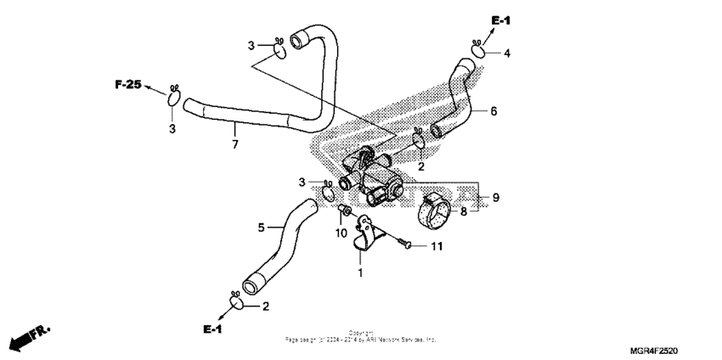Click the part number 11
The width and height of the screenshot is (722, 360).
tap(437, 246)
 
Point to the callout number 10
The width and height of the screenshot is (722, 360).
tap(341, 233)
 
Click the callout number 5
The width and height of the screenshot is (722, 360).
tap(262, 227)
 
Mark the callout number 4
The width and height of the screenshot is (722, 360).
tap(506, 53)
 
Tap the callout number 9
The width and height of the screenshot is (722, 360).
tap(495, 198)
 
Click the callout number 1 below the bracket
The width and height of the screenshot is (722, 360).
tap(359, 273)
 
